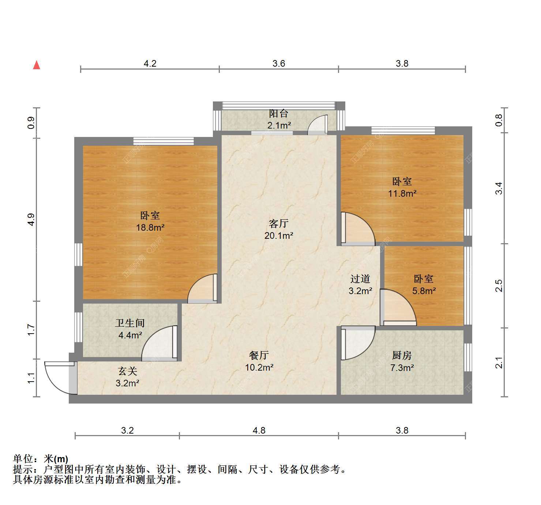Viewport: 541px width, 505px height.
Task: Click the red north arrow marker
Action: [x=37, y=65]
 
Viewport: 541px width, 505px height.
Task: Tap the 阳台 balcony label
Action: [x=279, y=113]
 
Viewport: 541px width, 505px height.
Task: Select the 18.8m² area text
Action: [x=150, y=227]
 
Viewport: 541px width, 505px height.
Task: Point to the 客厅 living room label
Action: [x=278, y=223]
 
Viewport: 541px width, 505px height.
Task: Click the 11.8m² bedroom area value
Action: [x=402, y=193]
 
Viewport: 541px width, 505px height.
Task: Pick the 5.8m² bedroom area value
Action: [x=424, y=291]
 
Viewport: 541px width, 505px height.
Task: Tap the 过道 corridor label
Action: [x=360, y=279]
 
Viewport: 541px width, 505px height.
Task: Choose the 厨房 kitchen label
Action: [x=402, y=355]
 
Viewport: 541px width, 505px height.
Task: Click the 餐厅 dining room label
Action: [x=259, y=355]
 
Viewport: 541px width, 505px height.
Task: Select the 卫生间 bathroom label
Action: [x=129, y=323]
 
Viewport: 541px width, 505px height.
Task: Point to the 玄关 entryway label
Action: [x=128, y=371]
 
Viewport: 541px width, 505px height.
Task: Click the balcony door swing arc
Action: [x=313, y=120]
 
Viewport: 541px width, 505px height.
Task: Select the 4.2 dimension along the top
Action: [x=150, y=64]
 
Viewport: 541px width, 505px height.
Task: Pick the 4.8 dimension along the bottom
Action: [x=259, y=431]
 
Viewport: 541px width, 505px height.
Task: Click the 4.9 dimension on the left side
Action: [x=31, y=220]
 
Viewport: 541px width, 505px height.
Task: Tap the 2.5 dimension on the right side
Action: [x=499, y=286]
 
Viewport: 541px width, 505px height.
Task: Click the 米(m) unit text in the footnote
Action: [x=56, y=459]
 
